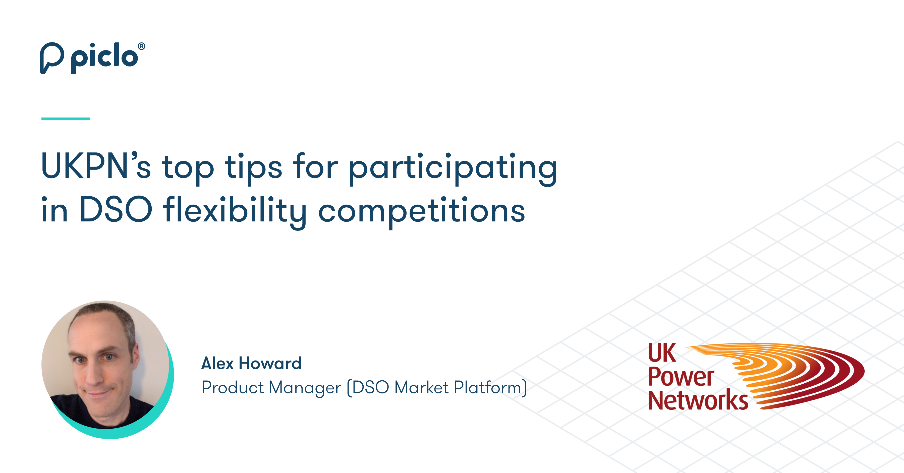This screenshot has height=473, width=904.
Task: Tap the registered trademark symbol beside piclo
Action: pos(141,46)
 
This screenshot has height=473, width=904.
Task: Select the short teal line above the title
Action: pos(65,119)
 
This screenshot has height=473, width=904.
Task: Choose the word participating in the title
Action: pos(453,168)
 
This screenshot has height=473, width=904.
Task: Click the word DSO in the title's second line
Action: pos(116,210)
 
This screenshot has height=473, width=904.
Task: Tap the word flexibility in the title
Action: pos(235,211)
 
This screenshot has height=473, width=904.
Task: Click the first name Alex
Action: pos(217,363)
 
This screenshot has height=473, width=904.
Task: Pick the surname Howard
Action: pos(270,363)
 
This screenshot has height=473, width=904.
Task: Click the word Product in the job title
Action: pos(232,387)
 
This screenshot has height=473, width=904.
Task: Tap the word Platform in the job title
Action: pos(488,387)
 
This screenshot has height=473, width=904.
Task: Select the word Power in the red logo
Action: pos(681,377)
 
